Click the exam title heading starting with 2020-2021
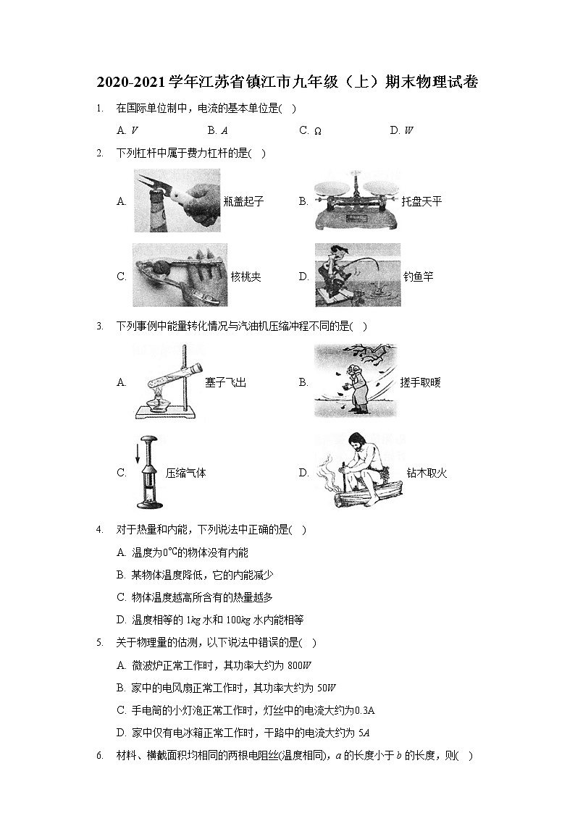pos(287,82)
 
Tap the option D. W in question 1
pos(401,131)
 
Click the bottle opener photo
pos(177,201)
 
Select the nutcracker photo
pos(180,276)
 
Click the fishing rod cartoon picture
pos(357,275)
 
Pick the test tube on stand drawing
pos(165,382)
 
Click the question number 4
pos(98,530)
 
